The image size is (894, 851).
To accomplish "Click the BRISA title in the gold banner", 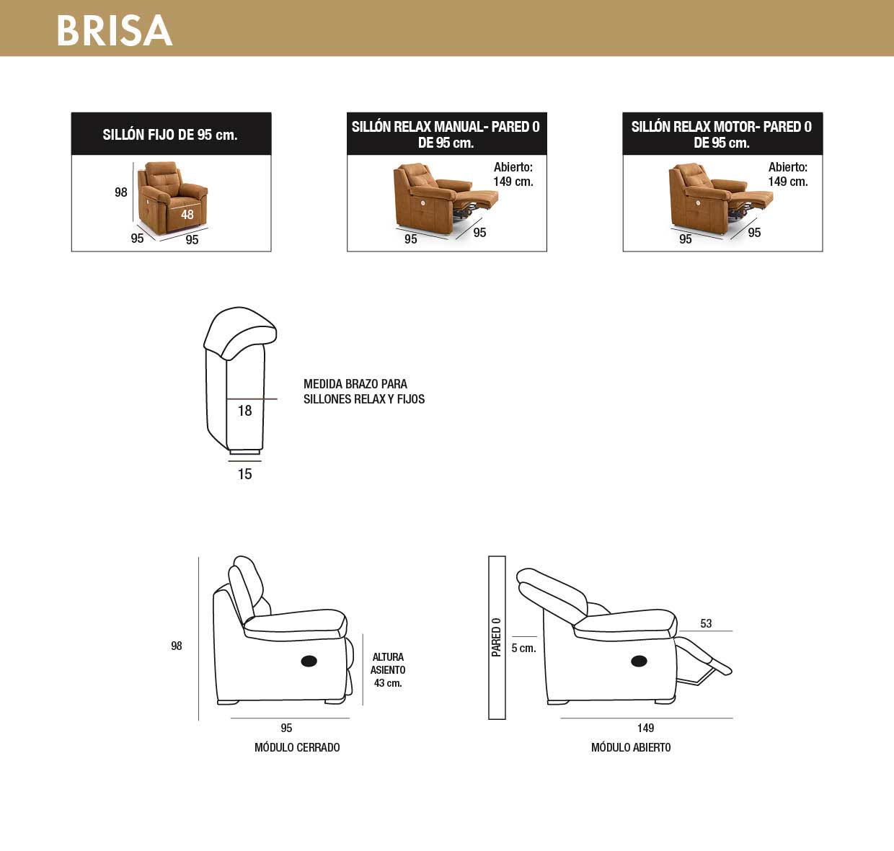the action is [115, 30].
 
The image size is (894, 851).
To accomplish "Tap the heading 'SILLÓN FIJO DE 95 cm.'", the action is [170, 135].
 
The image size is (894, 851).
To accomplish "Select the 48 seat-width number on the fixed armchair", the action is [187, 214].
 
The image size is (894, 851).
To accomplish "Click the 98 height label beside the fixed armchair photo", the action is [121, 192].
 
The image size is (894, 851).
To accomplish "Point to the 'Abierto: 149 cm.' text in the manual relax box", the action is [513, 174].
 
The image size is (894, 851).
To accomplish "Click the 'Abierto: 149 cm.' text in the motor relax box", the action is [788, 174].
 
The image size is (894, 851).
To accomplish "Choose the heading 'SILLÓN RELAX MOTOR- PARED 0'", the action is [722, 126].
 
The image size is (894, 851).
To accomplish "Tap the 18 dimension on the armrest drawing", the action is [244, 411].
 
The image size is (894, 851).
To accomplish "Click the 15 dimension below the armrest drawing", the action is [244, 474].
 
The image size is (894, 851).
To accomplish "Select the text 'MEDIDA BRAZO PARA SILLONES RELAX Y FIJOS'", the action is [364, 391].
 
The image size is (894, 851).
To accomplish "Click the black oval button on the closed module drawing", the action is [309, 661].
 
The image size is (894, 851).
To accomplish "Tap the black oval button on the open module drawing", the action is [639, 661].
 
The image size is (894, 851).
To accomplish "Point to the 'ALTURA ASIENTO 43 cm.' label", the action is [388, 669].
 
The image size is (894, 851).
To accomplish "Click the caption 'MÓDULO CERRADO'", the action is [297, 748].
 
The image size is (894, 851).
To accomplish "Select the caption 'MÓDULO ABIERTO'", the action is [631, 748].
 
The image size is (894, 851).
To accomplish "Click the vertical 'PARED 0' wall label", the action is [497, 637].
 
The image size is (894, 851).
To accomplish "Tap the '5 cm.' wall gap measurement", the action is [524, 649].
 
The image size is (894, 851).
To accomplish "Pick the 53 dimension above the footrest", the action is [707, 624].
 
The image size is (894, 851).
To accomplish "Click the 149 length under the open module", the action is [646, 729].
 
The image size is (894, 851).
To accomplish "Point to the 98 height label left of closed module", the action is [177, 646].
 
